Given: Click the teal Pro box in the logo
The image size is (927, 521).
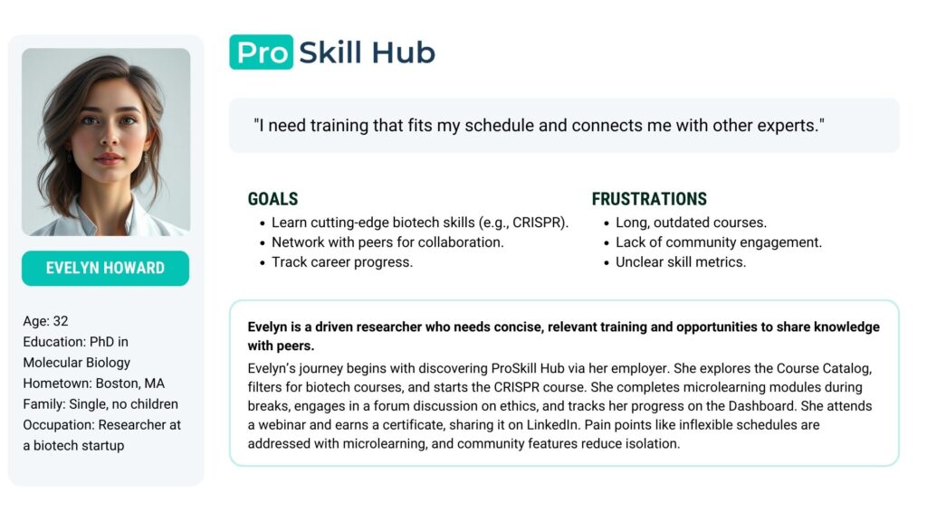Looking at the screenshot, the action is (262, 52).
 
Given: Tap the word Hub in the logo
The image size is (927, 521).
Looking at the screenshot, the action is (404, 52).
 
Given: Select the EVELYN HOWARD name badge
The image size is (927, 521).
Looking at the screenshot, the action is (106, 268).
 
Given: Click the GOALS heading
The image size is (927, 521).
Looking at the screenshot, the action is (272, 199).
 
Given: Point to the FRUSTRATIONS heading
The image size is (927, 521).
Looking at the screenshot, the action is (649, 199).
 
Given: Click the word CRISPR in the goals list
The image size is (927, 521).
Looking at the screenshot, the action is (538, 223).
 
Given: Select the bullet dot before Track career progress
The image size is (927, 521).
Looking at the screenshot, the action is (263, 263).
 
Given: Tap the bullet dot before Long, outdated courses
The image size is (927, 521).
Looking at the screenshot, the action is (607, 224).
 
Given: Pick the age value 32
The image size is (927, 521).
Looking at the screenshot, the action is (61, 321).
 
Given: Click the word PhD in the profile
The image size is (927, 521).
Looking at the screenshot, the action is (101, 341).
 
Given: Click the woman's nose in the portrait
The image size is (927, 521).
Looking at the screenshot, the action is (109, 138).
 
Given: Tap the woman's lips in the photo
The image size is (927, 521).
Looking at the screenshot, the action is (109, 158).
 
